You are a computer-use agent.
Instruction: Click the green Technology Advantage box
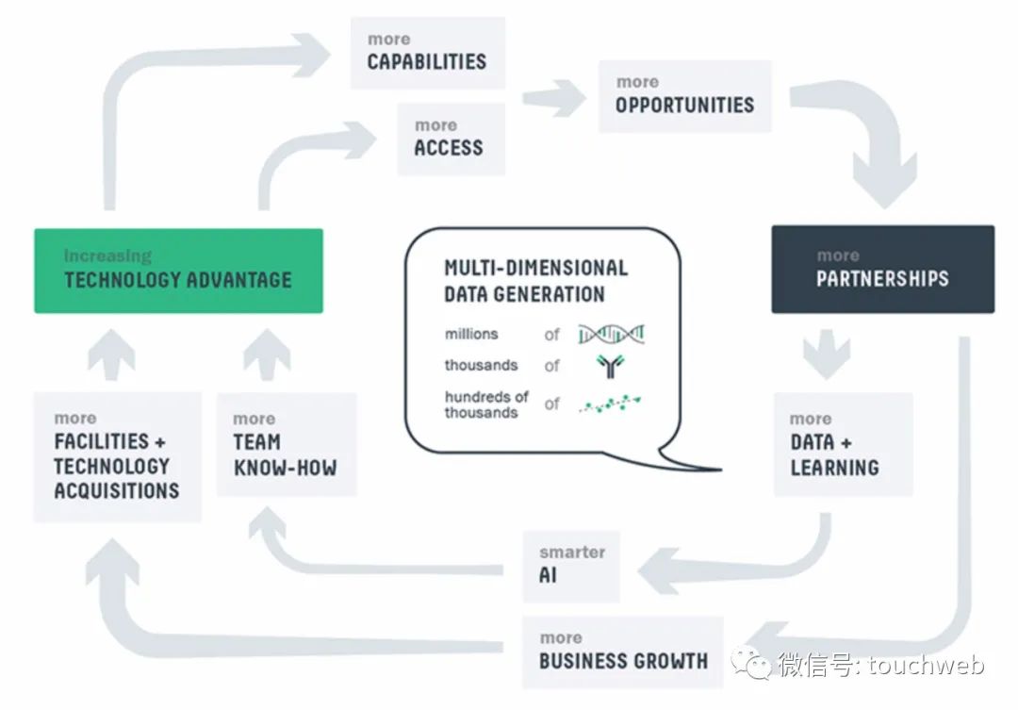pos(178,271)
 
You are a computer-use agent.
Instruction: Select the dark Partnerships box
pos(882,269)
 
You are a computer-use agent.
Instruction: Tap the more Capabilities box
pos(427,53)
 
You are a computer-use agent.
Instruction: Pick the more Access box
pos(450,139)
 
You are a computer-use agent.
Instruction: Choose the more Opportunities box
pos(684,96)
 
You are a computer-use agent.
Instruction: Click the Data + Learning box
pos(843,444)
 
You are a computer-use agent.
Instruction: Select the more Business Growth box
pos(622,652)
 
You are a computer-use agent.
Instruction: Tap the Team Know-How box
pos(286,444)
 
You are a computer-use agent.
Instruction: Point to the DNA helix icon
pos(612,333)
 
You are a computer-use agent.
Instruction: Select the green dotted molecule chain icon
pos(612,405)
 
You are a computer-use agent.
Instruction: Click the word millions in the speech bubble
pos(471,334)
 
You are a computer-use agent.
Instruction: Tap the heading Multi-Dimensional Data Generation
pos(535,280)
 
